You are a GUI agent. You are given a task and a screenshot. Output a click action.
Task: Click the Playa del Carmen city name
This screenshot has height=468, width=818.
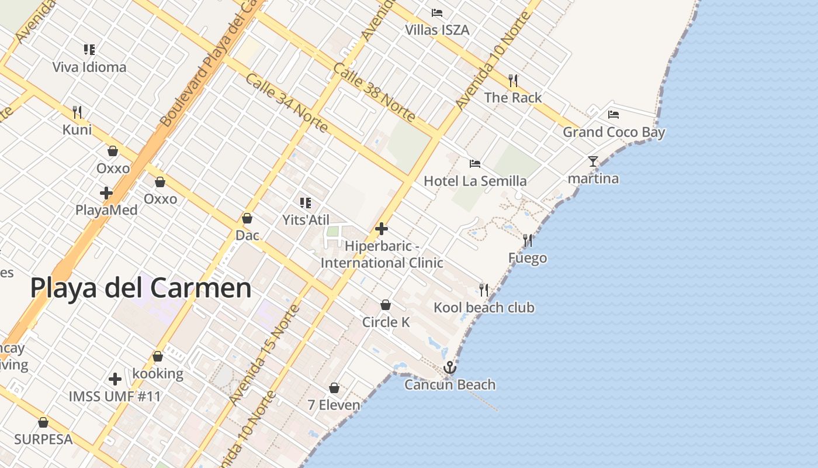pos(141,288)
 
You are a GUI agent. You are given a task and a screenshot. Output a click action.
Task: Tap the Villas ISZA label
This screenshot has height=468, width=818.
pos(437,30)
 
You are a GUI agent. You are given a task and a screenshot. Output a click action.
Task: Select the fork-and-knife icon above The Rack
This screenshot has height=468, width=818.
pos(513,80)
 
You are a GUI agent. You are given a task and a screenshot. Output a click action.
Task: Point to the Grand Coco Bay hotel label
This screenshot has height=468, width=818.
pos(613,132)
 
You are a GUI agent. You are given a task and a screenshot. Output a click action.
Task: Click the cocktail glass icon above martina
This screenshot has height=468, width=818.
pos(593,161)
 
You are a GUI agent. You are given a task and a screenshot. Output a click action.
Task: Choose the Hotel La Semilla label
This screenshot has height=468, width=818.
pos(475,181)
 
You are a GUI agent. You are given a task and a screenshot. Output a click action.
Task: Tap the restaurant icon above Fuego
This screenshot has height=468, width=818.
pos(528,240)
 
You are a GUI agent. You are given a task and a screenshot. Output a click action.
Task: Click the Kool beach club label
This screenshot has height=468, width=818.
pos(484,308)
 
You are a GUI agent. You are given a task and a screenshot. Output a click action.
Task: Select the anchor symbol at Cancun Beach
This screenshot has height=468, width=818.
pos(449,367)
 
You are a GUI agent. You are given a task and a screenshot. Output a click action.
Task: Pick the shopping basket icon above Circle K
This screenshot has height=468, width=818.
pos(386,305)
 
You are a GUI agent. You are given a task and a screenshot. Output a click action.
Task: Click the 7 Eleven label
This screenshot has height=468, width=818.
pos(334,405)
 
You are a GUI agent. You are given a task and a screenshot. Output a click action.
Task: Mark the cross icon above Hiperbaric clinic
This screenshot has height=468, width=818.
pos(382,228)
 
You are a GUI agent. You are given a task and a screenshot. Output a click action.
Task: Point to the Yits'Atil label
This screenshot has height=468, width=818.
pos(306,220)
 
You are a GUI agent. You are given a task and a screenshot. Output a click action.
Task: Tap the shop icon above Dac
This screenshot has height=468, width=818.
pos(247,218)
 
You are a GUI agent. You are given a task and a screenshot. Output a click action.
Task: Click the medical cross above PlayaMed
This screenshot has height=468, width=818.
pos(106,193)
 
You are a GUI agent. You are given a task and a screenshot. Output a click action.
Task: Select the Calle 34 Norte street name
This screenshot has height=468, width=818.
pos(286,103)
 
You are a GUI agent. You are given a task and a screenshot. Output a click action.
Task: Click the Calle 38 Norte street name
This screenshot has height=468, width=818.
pos(374,92)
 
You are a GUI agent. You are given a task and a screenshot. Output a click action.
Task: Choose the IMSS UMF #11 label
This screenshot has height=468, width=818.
pos(115,396)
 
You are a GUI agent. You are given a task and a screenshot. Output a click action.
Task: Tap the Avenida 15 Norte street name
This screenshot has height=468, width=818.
pos(264,355)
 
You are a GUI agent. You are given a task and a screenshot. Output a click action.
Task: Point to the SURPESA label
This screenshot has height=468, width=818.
pos(43,439)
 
